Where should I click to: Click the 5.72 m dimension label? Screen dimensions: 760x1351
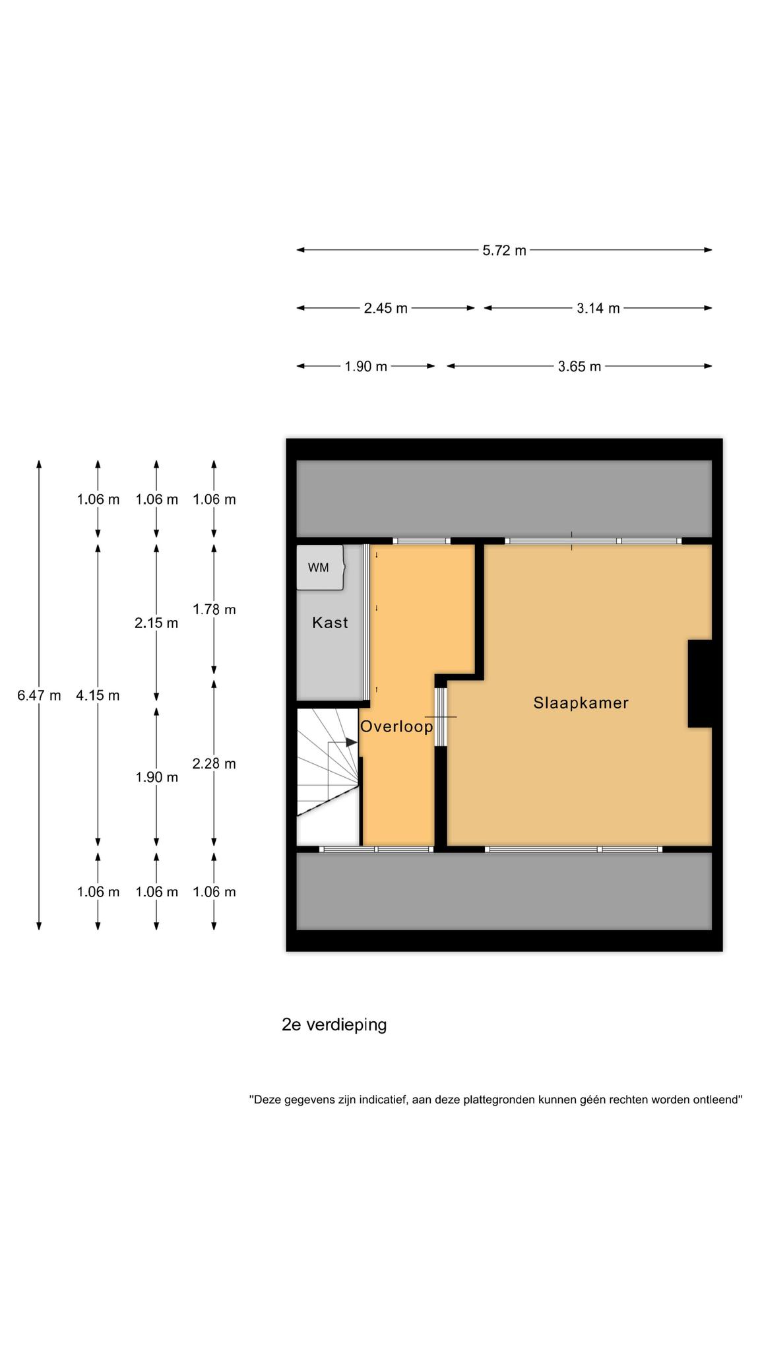point(504,251)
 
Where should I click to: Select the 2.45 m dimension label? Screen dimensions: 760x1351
point(385,308)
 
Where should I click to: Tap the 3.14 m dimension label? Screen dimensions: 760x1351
point(598,308)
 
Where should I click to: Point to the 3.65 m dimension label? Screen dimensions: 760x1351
point(579,367)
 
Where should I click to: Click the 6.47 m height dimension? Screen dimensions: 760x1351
point(39,695)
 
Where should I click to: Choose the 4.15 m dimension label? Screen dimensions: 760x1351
point(98,695)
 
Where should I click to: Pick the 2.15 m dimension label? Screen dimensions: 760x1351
point(156,623)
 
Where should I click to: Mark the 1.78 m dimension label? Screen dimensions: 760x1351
point(214,610)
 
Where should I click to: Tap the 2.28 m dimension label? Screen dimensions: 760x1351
point(214,764)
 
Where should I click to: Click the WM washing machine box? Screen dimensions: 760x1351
point(320,567)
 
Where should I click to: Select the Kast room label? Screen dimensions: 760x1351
point(330,622)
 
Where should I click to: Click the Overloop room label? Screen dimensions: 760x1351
point(396,726)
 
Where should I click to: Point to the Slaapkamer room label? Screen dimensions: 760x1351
point(581,703)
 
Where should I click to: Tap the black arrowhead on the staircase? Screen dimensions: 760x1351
point(352,742)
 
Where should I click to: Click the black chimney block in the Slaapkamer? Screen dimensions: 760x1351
point(700,683)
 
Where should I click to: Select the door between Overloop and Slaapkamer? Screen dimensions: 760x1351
point(440,716)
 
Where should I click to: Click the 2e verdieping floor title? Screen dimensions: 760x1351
point(334,1025)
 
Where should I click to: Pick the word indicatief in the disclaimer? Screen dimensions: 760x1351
point(379,1100)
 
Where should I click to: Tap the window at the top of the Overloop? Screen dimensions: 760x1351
point(422,541)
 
